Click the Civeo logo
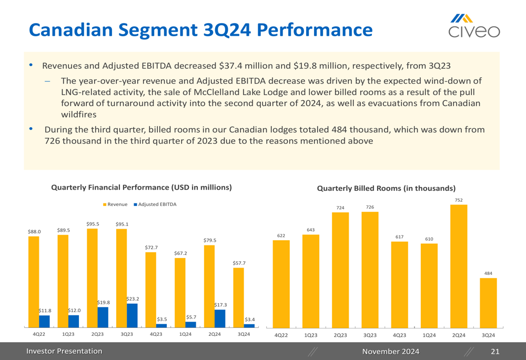click(x=474, y=26)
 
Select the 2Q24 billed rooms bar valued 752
click(x=459, y=265)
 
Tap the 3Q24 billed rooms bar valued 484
click(x=488, y=302)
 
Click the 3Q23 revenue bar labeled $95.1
click(x=122, y=278)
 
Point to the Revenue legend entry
click(x=115, y=204)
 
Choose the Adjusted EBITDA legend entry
click(x=155, y=204)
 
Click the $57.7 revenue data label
click(x=238, y=262)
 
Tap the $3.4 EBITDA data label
click(x=249, y=319)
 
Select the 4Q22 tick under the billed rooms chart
click(x=281, y=335)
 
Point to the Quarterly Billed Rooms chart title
click(x=386, y=188)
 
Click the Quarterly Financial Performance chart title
click(x=141, y=187)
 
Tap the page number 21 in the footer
click(x=494, y=351)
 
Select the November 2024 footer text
click(x=391, y=351)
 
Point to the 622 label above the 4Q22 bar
click(x=281, y=235)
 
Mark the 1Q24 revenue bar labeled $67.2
click(x=180, y=292)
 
